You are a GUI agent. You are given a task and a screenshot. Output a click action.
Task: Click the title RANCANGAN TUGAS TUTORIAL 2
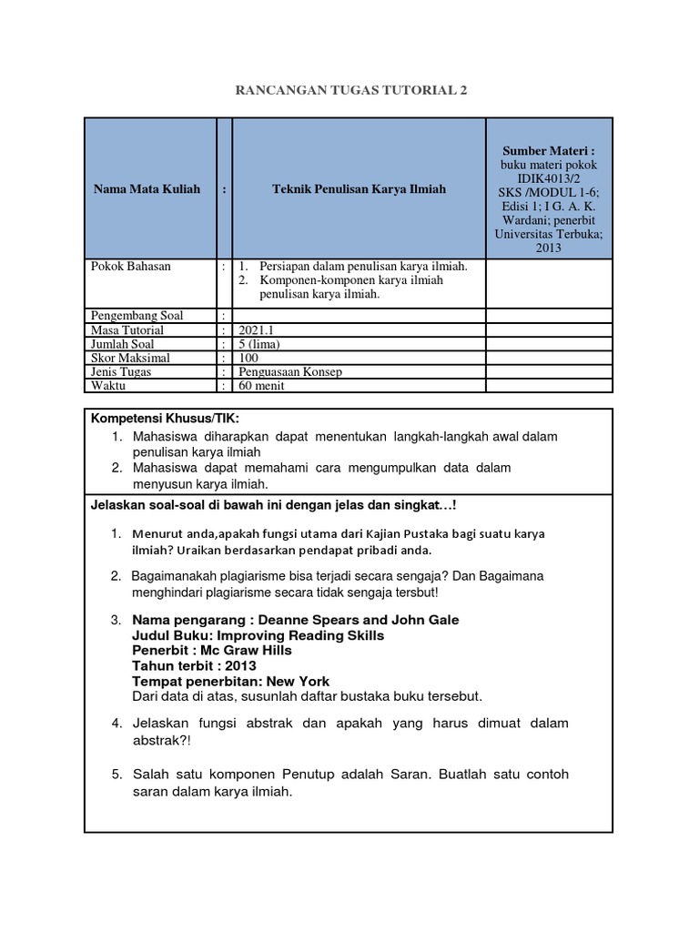(x=350, y=91)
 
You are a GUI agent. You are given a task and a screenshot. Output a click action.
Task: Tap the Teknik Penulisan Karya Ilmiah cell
(x=360, y=189)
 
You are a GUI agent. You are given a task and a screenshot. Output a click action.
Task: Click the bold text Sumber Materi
(x=548, y=149)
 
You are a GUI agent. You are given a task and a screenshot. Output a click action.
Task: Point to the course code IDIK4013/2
(x=548, y=178)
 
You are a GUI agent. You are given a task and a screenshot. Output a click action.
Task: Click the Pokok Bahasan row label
(x=131, y=266)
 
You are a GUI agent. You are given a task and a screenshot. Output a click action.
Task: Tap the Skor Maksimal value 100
(x=249, y=359)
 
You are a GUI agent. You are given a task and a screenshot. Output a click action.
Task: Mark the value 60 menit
(x=262, y=386)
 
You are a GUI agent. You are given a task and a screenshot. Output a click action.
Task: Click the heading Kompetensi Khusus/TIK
(x=163, y=418)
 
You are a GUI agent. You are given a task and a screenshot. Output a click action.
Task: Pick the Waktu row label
(x=106, y=386)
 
